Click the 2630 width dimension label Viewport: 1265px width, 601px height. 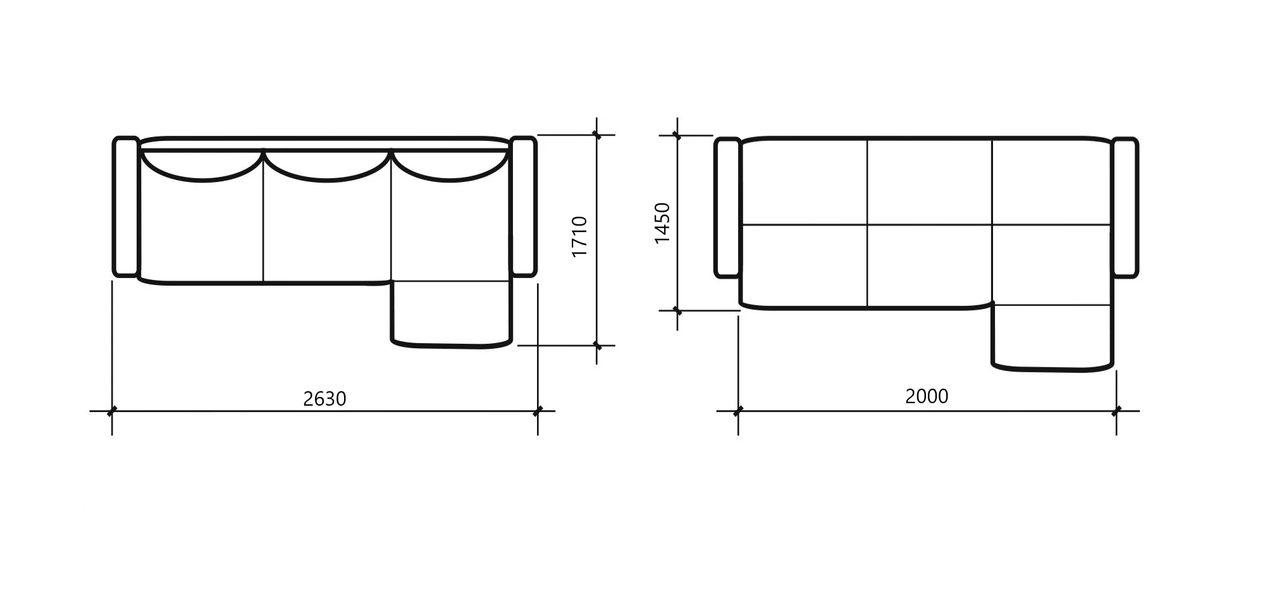(324, 399)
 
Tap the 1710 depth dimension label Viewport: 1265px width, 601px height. (579, 236)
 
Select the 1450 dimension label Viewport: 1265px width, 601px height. (662, 223)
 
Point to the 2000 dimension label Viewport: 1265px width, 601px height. (927, 396)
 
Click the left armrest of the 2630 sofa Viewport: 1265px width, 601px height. (126, 207)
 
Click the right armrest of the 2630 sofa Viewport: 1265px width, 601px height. (523, 207)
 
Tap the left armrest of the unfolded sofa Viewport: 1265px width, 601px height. (727, 208)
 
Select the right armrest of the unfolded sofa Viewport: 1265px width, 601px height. (1125, 208)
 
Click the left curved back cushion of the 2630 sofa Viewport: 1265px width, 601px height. (202, 180)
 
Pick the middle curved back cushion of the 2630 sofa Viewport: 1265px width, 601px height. (327, 180)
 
